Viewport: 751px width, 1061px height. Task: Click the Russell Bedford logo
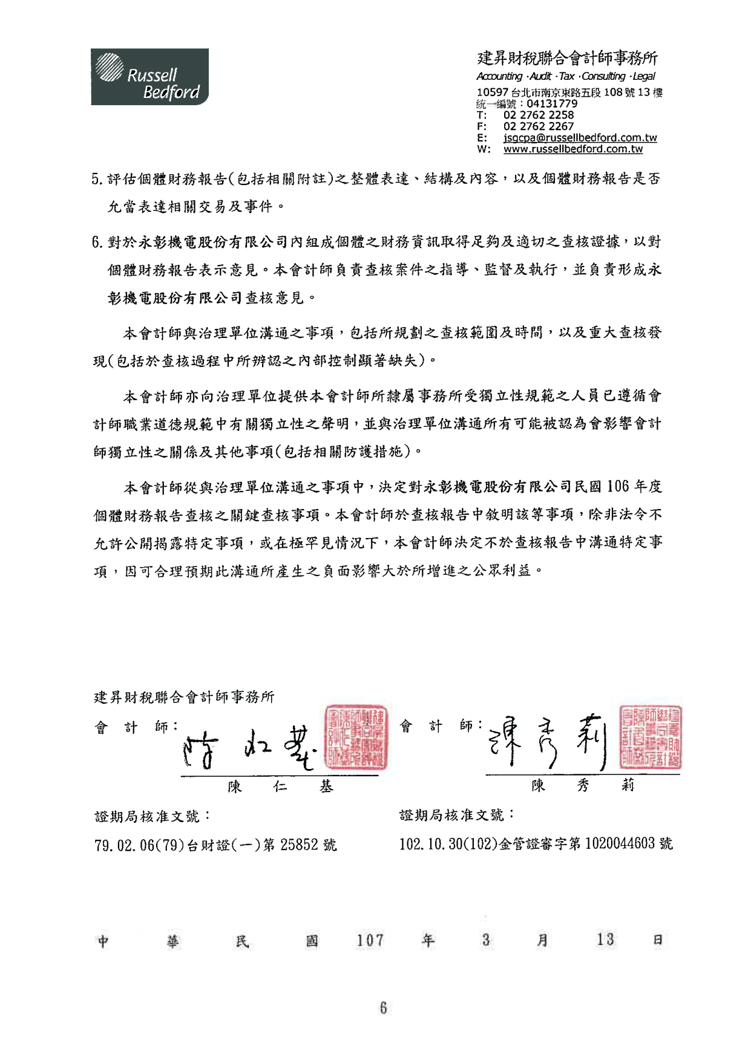click(x=149, y=77)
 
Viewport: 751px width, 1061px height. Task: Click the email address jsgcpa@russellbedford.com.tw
click(x=580, y=138)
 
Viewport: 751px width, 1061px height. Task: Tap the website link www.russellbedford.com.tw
click(x=572, y=149)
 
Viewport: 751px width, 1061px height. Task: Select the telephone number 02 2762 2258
click(x=538, y=115)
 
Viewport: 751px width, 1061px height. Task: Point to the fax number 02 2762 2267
click(x=538, y=126)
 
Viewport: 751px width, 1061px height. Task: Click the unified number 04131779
click(x=552, y=103)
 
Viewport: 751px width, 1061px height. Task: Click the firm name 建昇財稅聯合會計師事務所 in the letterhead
click(x=567, y=58)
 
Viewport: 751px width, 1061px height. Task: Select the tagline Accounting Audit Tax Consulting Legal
click(x=565, y=76)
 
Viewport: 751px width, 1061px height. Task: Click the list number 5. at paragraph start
click(x=97, y=179)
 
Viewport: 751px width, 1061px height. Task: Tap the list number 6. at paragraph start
click(x=97, y=242)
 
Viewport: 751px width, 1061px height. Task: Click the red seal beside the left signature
click(x=356, y=736)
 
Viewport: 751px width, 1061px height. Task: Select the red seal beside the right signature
click(x=651, y=737)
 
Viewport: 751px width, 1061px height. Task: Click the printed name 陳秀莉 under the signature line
click(x=582, y=785)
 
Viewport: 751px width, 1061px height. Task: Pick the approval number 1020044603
click(x=620, y=843)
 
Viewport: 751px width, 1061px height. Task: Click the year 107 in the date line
click(x=370, y=940)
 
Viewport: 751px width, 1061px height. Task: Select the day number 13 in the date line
click(x=605, y=939)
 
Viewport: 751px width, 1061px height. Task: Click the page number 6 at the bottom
click(x=382, y=1008)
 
